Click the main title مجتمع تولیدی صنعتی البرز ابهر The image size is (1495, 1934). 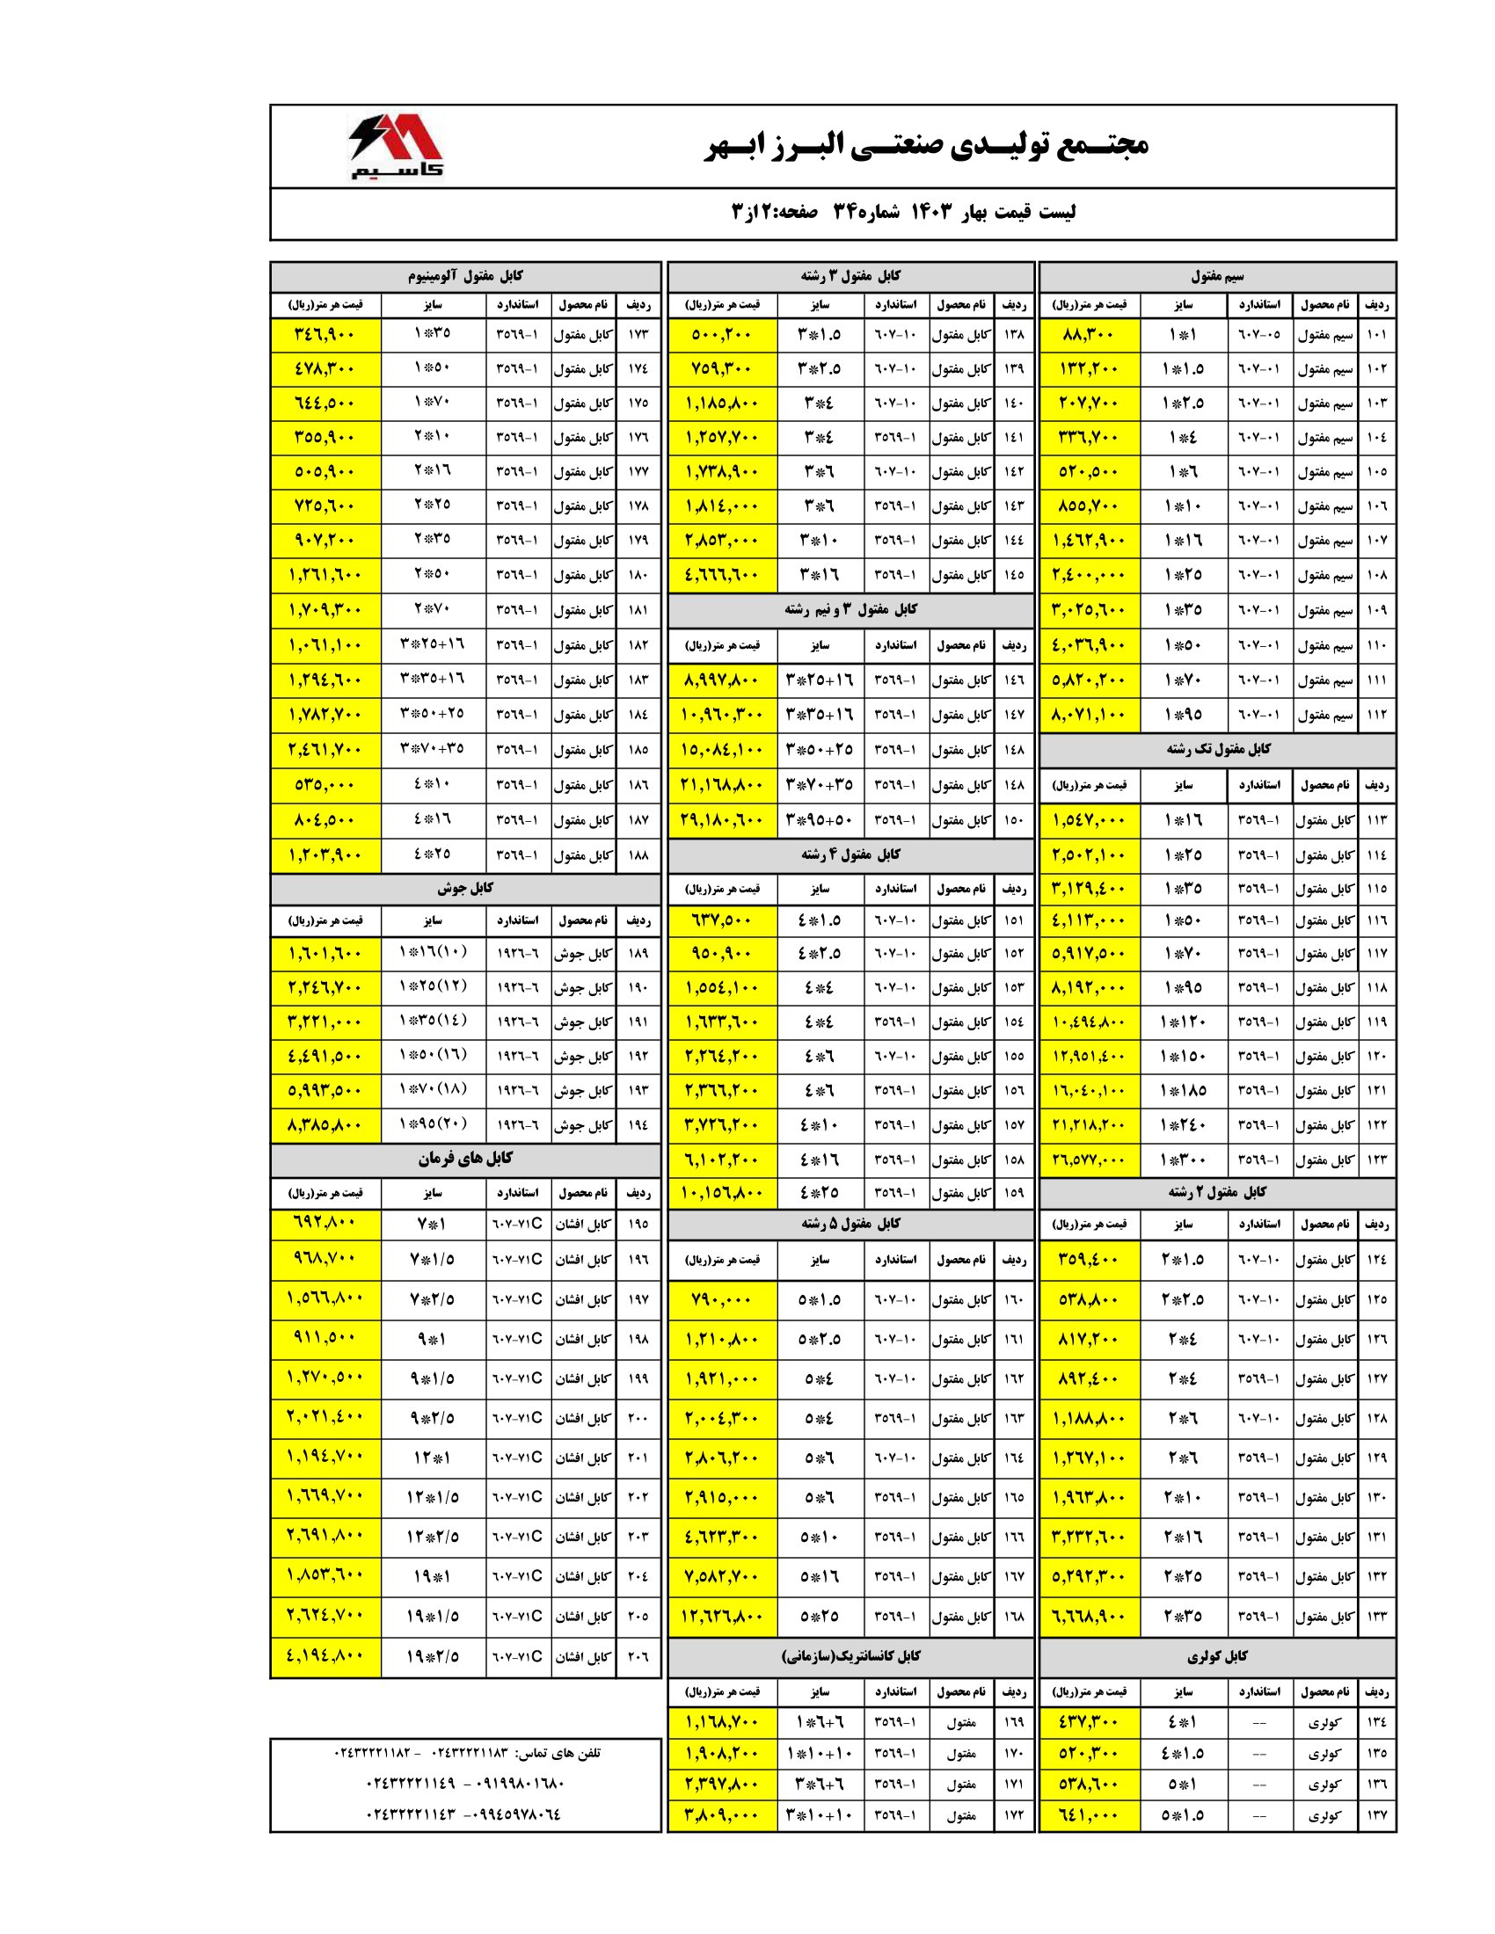coord(925,144)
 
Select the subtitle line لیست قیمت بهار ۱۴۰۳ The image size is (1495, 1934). coord(904,213)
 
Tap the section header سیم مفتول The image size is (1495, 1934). coord(1217,276)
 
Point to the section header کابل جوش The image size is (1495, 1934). coord(465,887)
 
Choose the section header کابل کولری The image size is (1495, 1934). coord(1217,1656)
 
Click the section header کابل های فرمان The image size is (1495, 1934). coord(465,1159)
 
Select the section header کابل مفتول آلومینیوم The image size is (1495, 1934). coord(465,276)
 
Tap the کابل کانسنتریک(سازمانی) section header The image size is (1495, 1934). coord(850,1656)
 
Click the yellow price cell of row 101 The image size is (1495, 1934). coord(1090,335)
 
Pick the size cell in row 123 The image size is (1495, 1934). coord(1183,1160)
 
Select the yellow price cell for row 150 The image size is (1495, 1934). coord(722,820)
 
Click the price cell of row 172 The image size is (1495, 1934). coord(722,1814)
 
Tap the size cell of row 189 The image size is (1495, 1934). coord(433,953)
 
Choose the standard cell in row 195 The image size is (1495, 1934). coord(517,1224)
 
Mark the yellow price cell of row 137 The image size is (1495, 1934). coord(1090,1814)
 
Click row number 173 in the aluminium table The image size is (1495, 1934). coord(638,335)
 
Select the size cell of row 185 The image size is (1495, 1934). coord(433,749)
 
